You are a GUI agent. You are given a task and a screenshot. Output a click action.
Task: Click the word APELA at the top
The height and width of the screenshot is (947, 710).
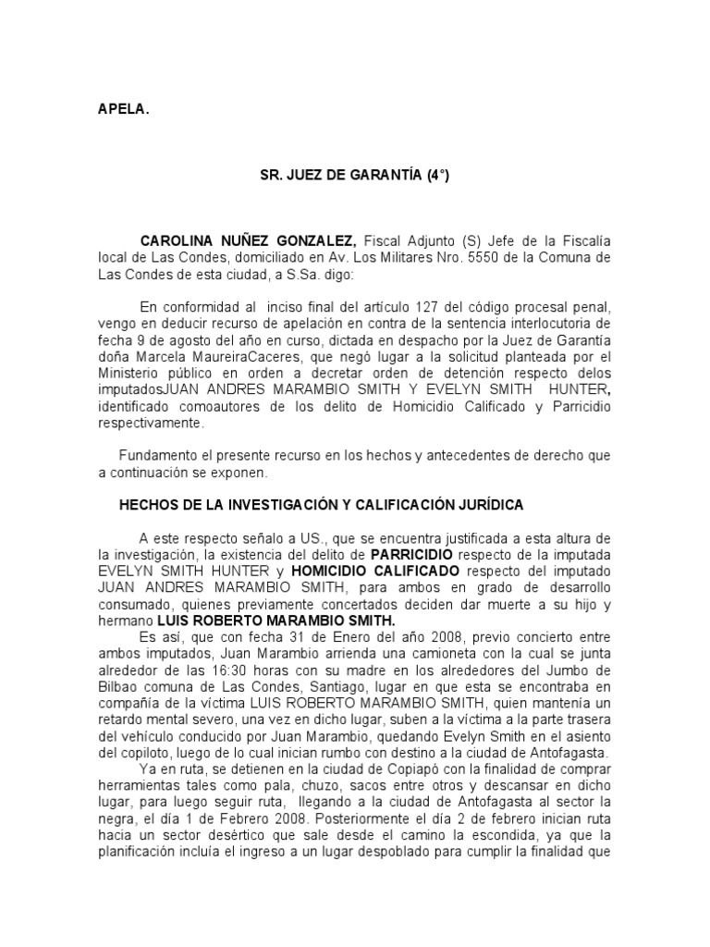tap(123, 109)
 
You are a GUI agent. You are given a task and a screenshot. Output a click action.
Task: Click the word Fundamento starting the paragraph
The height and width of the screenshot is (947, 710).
tap(160, 456)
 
